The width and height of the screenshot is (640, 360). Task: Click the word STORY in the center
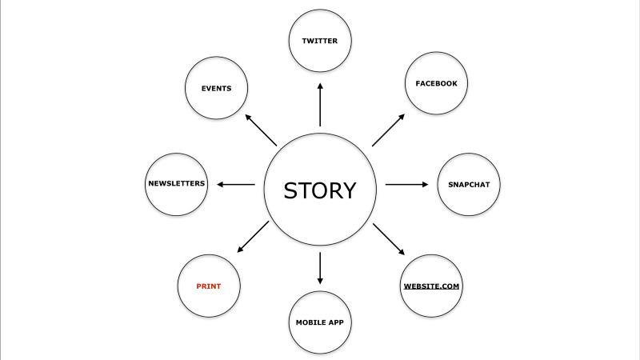pyautogui.click(x=320, y=190)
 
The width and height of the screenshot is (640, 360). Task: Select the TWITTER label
pyautogui.click(x=320, y=41)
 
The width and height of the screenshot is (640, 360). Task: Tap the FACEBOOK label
pyautogui.click(x=436, y=83)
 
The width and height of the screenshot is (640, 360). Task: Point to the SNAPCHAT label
pyautogui.click(x=469, y=185)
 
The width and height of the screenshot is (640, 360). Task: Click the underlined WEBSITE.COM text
pyautogui.click(x=431, y=286)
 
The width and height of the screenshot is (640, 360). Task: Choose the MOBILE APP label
pyautogui.click(x=319, y=322)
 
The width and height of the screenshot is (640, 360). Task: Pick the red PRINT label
pyautogui.click(x=209, y=286)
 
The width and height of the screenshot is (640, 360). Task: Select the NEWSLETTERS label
pyautogui.click(x=177, y=183)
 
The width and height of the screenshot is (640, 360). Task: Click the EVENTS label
pyautogui.click(x=216, y=88)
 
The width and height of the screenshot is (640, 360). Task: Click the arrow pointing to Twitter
pyautogui.click(x=320, y=105)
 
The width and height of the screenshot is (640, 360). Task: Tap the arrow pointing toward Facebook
pyautogui.click(x=388, y=130)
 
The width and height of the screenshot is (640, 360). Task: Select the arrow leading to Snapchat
pyautogui.click(x=407, y=185)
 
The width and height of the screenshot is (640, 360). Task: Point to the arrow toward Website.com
pyautogui.click(x=389, y=239)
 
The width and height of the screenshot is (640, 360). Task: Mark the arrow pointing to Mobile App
pyautogui.click(x=320, y=268)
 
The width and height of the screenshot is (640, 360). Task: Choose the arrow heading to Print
pyautogui.click(x=253, y=237)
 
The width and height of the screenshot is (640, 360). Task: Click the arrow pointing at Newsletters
pyautogui.click(x=236, y=185)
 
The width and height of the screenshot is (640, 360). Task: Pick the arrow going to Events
pyautogui.click(x=261, y=130)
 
